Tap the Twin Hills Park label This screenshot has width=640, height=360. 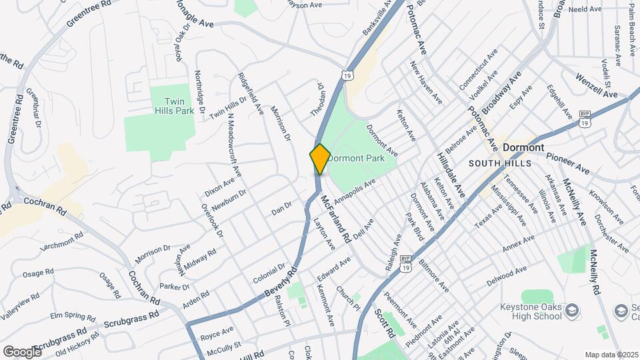pyautogui.click(x=174, y=106)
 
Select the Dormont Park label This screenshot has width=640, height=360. pyautogui.click(x=357, y=159)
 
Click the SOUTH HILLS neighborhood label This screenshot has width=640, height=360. pyautogui.click(x=499, y=163)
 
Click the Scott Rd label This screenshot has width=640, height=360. pyautogui.click(x=385, y=323)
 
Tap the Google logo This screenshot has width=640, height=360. pyautogui.click(x=22, y=351)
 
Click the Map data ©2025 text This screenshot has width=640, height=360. pyautogui.click(x=611, y=355)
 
